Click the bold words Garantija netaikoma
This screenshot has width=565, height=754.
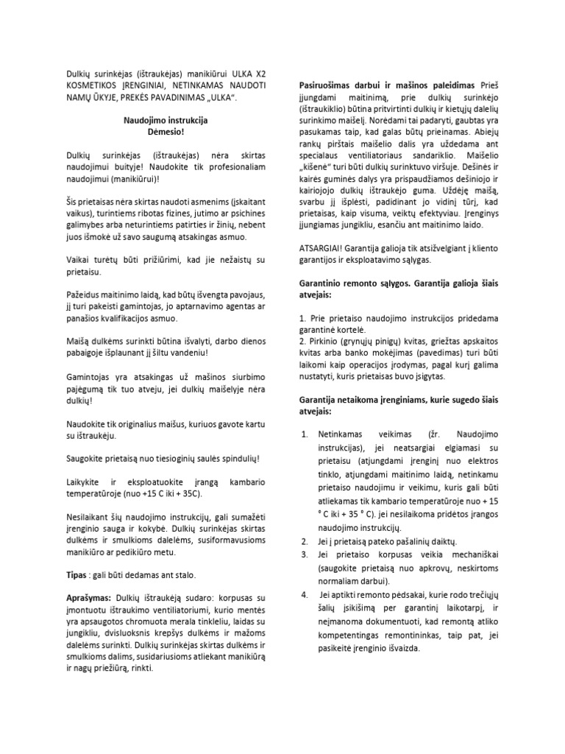pos(346,400)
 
